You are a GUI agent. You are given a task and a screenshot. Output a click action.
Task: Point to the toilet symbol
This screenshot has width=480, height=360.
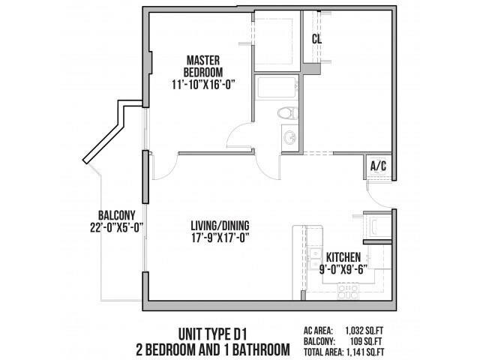[x=284, y=114]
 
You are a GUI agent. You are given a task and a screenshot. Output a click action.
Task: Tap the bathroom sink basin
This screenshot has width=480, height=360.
[x=289, y=137]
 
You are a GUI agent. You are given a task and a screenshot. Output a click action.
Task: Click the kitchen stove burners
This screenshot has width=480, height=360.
[x=346, y=289]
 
